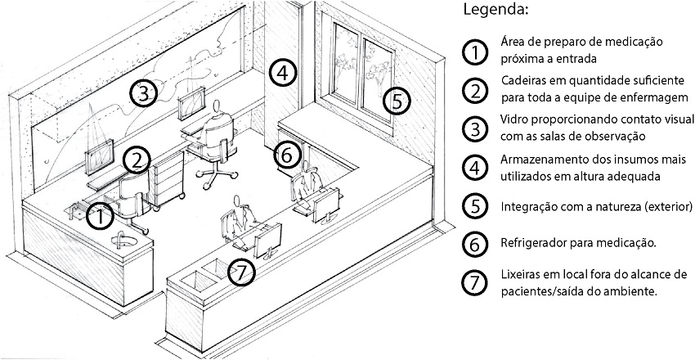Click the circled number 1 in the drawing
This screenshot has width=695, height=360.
(99, 216)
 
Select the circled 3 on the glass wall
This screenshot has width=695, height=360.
(143, 93)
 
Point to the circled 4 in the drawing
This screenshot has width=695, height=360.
(280, 73)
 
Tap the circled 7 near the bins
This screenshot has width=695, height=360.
(238, 272)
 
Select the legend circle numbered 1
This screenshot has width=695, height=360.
(473, 51)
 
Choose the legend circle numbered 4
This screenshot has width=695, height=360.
(473, 169)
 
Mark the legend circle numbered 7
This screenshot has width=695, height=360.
(473, 282)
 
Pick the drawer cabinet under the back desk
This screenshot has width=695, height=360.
(165, 184)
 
